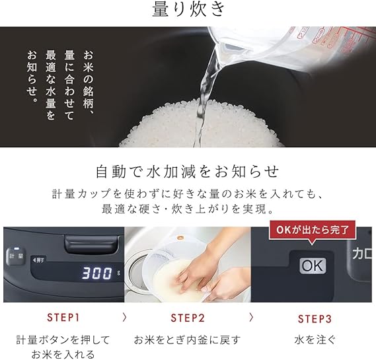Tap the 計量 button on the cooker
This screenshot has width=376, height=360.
tap(16, 256)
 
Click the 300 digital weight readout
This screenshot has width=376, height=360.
tap(97, 273)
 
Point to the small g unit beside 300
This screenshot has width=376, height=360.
tap(118, 273)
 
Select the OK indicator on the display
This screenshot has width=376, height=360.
tap(313, 266)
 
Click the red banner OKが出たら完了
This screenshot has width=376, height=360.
tap(312, 230)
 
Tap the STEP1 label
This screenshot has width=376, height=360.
tap(63, 318)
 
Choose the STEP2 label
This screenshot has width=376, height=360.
tap(188, 318)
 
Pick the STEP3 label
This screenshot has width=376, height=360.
tap(315, 319)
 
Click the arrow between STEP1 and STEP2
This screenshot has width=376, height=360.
tap(124, 317)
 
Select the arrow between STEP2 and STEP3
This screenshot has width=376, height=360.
tap(251, 317)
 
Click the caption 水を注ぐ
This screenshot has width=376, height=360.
tap(315, 340)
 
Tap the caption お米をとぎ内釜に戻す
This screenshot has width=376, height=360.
tap(187, 340)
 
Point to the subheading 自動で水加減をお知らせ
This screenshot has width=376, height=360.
tap(188, 172)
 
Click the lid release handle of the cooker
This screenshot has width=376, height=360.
tap(91, 244)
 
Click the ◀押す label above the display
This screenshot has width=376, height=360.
tap(38, 260)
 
